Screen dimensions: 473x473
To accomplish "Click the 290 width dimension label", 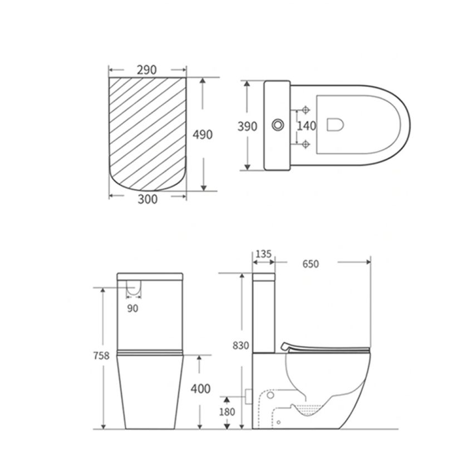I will pos(147,70).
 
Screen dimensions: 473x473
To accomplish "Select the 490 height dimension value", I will pos(202,135).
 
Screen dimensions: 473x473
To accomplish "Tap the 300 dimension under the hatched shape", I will pos(147,199).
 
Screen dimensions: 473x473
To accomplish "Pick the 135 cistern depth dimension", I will pos(264,254).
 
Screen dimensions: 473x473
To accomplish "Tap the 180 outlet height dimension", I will pos(228,412).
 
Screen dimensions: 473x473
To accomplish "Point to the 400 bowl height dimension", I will pos(201,388).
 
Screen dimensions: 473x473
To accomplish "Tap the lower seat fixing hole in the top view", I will pos(304,144).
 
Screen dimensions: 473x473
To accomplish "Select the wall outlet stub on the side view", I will pos(248,396).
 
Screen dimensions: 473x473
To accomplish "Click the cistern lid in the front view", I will pos(150,275).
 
